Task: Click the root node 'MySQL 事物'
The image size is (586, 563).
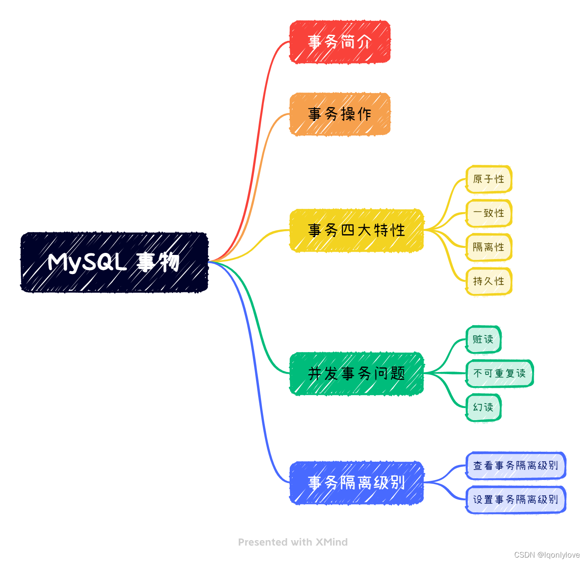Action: [x=114, y=262]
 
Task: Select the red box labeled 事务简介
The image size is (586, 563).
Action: [x=340, y=42]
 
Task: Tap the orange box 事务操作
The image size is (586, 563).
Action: [x=340, y=114]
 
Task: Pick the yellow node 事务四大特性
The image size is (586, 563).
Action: [x=356, y=230]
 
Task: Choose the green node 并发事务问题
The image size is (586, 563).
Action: [x=356, y=374]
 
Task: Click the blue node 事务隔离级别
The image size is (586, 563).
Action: [x=356, y=483]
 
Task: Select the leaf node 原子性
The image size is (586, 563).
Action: [x=489, y=179]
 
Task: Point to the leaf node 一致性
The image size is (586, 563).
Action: [x=489, y=213]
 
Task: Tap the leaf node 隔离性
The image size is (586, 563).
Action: [x=489, y=247]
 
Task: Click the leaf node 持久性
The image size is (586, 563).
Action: [x=489, y=281]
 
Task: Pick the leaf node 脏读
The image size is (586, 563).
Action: [x=483, y=340]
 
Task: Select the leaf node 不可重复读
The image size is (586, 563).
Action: [x=500, y=374]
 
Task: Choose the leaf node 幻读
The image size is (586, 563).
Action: [x=483, y=407]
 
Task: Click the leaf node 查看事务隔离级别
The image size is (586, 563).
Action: [x=516, y=466]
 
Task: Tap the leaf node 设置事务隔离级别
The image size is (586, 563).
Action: [x=516, y=500]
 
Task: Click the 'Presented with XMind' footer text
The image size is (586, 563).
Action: [x=293, y=542]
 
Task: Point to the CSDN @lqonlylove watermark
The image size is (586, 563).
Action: [x=547, y=555]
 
